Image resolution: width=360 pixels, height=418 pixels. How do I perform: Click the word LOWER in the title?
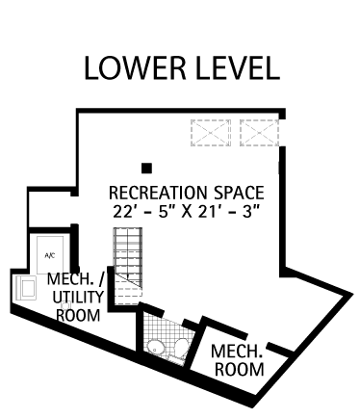pyautogui.click(x=135, y=68)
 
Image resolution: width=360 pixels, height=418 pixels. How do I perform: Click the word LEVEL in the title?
pyautogui.click(x=238, y=68)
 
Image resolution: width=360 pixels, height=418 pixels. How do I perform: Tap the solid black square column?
pyautogui.click(x=146, y=169)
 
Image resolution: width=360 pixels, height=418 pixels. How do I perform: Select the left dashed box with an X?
pyautogui.click(x=211, y=133)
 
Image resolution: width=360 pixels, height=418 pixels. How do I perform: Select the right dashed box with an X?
pyautogui.click(x=259, y=133)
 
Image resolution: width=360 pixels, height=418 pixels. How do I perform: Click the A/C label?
pyautogui.click(x=50, y=255)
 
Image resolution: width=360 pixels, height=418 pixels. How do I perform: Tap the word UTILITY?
pyautogui.click(x=78, y=297)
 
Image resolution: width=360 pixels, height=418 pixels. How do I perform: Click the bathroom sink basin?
pyautogui.click(x=156, y=347)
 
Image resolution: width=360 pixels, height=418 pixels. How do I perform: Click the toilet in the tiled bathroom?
pyautogui.click(x=181, y=348)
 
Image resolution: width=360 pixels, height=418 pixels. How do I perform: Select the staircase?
pyautogui.click(x=128, y=266)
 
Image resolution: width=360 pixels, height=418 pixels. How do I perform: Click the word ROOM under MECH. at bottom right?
pyautogui.click(x=240, y=369)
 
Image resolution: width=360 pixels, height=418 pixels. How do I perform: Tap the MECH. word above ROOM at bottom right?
pyautogui.click(x=237, y=351)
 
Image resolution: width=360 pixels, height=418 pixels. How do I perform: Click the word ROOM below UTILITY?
pyautogui.click(x=78, y=315)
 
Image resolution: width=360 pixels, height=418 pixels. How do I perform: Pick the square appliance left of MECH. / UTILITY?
pyautogui.click(x=26, y=288)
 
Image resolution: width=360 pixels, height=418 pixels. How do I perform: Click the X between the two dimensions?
pyautogui.click(x=186, y=212)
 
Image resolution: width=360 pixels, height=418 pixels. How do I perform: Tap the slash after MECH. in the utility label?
pyautogui.click(x=100, y=279)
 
